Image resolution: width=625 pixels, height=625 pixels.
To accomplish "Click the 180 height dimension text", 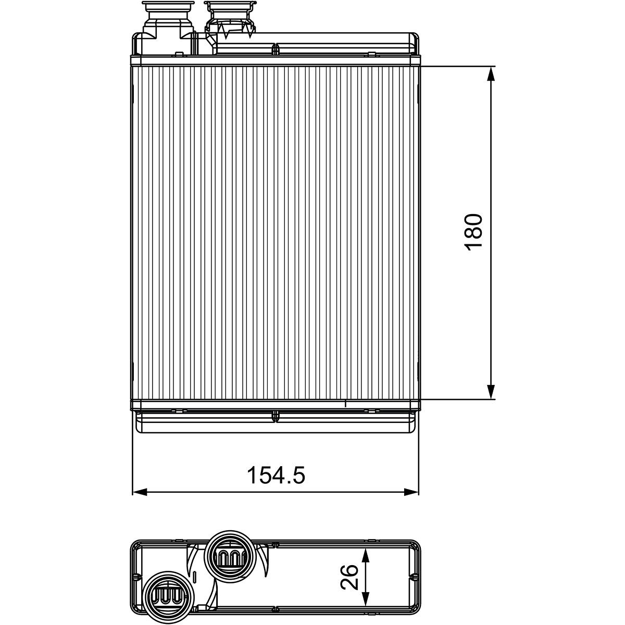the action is tap(473, 232).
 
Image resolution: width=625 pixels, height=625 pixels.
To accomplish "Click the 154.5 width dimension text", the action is tap(276, 476).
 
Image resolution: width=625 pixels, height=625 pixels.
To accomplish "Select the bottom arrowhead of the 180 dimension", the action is tap(491, 391).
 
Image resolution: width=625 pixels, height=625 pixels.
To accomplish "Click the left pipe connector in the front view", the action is tap(168, 28).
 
